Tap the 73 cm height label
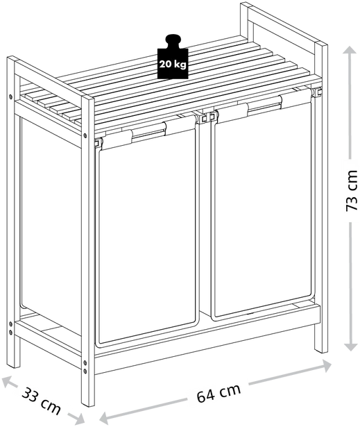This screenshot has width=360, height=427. click(351, 191)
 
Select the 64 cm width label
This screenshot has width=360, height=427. click(218, 393)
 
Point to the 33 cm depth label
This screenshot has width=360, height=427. click(41, 401)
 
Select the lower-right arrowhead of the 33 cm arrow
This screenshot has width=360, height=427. click(77, 417)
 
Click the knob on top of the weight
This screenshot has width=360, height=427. click(173, 41)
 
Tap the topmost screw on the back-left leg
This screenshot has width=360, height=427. click(10, 97)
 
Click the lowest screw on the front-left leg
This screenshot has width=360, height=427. click(85, 371)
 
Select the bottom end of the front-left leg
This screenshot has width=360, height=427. click(88, 404)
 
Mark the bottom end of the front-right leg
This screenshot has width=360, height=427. click(321, 351)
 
